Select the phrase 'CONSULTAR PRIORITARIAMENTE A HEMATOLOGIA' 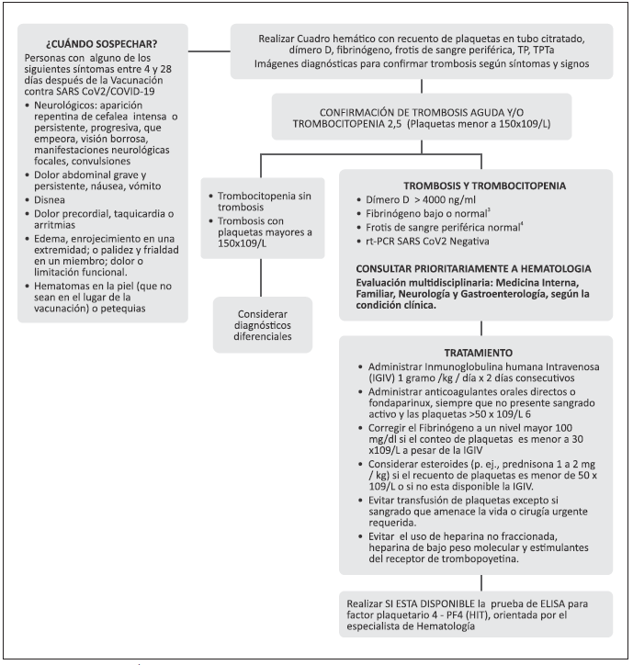pos(467,267)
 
